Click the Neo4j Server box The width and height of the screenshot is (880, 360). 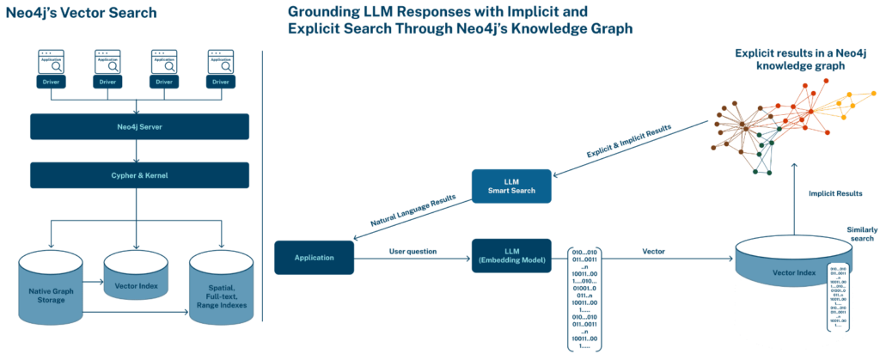tap(139, 126)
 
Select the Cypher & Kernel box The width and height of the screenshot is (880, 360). tap(139, 174)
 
